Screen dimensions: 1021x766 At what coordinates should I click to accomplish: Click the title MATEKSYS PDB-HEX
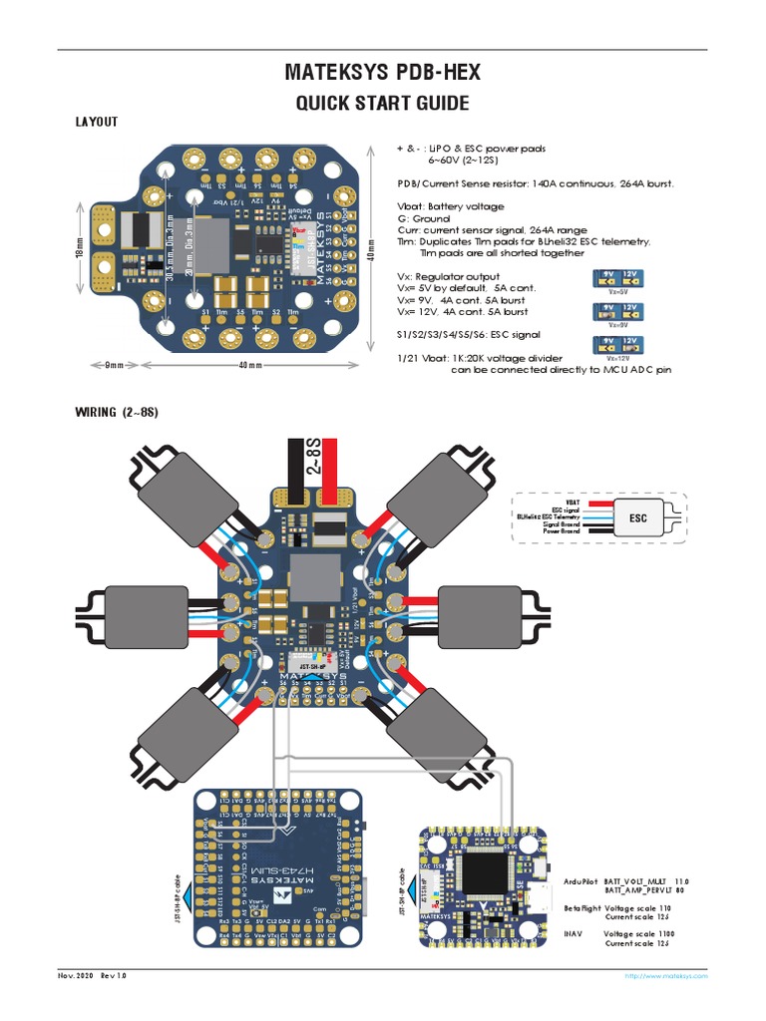(382, 73)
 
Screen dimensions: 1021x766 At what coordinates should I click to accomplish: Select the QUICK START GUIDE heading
(382, 104)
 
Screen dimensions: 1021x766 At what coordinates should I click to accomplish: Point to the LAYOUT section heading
(97, 122)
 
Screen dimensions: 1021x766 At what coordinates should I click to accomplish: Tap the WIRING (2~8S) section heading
(118, 412)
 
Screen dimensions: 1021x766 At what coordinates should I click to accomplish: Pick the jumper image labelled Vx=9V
(615, 313)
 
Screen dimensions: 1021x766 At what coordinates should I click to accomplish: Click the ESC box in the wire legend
(637, 518)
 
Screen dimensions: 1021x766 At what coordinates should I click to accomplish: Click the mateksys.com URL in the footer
(666, 976)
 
